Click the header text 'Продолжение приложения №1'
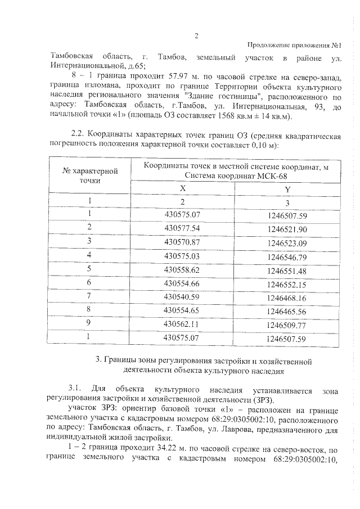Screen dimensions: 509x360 295,46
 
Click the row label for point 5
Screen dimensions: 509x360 89,269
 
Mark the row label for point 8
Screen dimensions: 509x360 89,310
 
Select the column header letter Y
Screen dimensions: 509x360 287,190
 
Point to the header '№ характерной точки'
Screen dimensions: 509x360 89,175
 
